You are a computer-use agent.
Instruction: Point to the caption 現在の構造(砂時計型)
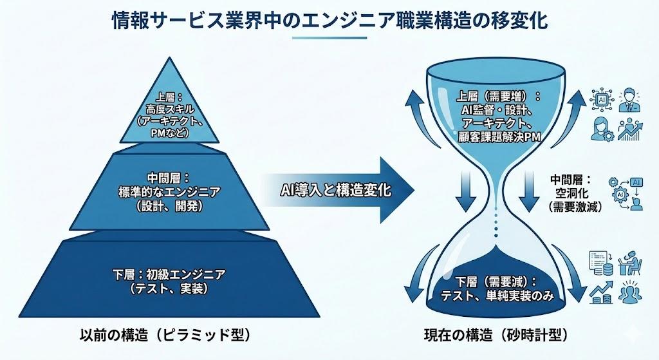pos(495,335)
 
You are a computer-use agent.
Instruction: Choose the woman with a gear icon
pos(601,128)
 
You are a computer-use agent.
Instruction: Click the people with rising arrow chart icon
pos(631,129)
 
